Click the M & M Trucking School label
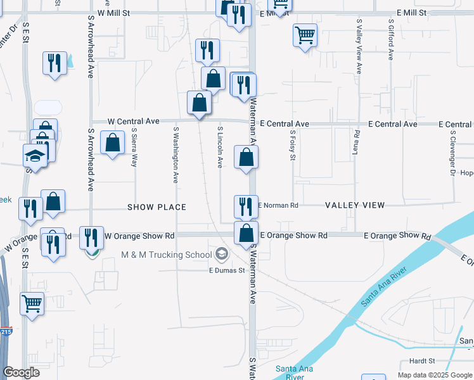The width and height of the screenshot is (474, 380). [x=167, y=255]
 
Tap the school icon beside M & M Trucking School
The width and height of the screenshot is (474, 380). [x=221, y=255]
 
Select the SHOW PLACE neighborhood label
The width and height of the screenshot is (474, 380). [x=157, y=207]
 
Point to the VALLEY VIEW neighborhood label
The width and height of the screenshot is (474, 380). [x=355, y=205]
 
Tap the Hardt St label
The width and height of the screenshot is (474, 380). [x=422, y=360]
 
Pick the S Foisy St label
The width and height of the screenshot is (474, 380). [x=293, y=146]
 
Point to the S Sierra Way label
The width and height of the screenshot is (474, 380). [x=134, y=147]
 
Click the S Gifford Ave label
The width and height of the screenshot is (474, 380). [x=391, y=39]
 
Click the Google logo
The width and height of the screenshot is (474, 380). [x=22, y=372]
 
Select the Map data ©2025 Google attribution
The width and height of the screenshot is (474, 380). [x=434, y=374]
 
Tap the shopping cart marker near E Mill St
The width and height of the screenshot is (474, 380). [x=305, y=35]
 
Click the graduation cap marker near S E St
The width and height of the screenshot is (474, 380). [x=35, y=156]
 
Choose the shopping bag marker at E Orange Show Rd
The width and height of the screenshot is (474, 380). [x=246, y=232]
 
